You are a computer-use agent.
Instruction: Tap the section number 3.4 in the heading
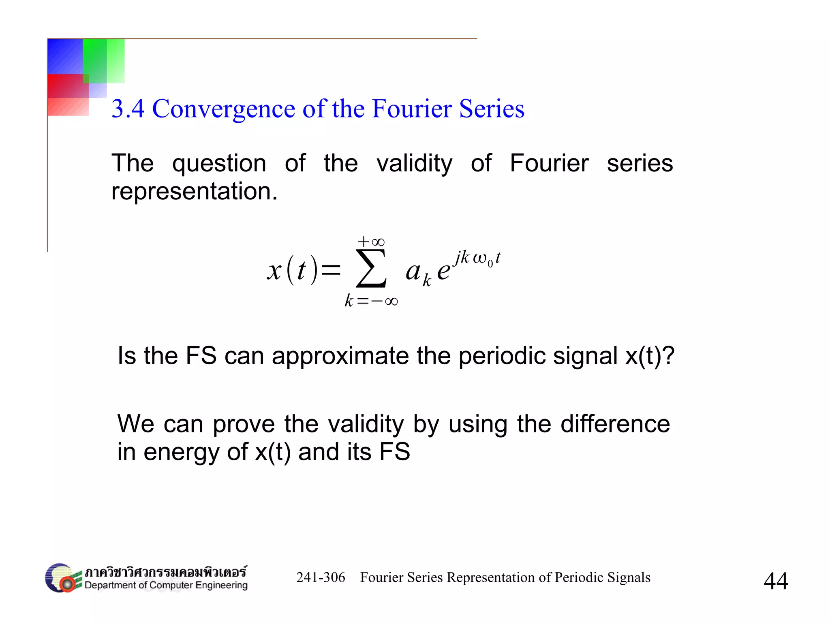(128, 109)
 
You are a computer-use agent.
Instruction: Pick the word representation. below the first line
(195, 191)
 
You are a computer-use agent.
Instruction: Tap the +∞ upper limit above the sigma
(371, 242)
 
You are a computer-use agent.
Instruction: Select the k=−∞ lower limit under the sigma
(371, 301)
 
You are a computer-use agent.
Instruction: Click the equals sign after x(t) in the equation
(331, 270)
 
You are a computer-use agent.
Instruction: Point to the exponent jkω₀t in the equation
(477, 258)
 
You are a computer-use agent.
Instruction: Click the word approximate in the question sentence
(340, 356)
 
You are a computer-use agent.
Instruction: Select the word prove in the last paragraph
(244, 424)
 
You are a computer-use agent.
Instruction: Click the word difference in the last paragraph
(615, 424)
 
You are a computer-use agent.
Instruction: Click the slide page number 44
(776, 581)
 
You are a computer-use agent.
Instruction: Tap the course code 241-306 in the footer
(321, 577)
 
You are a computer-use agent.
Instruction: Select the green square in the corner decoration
(103, 61)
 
